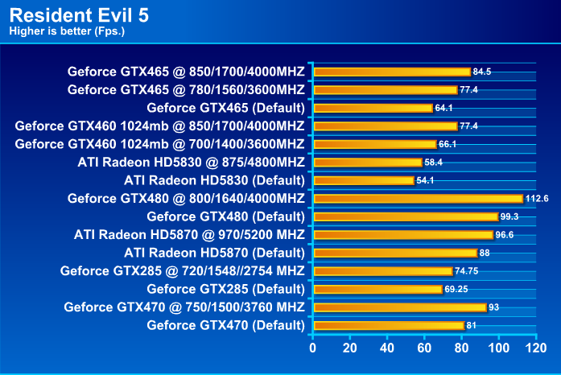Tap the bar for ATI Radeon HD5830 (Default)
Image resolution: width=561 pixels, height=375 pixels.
pyautogui.click(x=363, y=180)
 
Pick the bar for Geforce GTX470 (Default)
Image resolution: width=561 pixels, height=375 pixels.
pyautogui.click(x=388, y=325)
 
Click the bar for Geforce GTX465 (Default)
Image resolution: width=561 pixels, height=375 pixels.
pyautogui.click(x=373, y=108)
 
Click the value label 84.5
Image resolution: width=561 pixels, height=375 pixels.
pyautogui.click(x=482, y=72)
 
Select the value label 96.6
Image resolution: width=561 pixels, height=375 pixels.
pyautogui.click(x=505, y=235)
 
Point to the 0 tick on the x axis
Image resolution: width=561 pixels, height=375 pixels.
pyautogui.click(x=313, y=348)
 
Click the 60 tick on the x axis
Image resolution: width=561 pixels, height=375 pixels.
pyautogui.click(x=423, y=348)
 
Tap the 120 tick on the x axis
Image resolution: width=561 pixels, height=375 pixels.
pyautogui.click(x=530, y=348)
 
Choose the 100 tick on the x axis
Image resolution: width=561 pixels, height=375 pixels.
pyautogui.click(x=495, y=348)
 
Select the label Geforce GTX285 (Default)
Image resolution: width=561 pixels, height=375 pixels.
pyautogui.click(x=225, y=289)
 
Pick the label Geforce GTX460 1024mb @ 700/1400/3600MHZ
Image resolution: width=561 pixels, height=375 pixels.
pyautogui.click(x=159, y=144)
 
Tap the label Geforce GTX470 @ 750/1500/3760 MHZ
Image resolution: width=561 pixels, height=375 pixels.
pyautogui.click(x=184, y=307)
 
